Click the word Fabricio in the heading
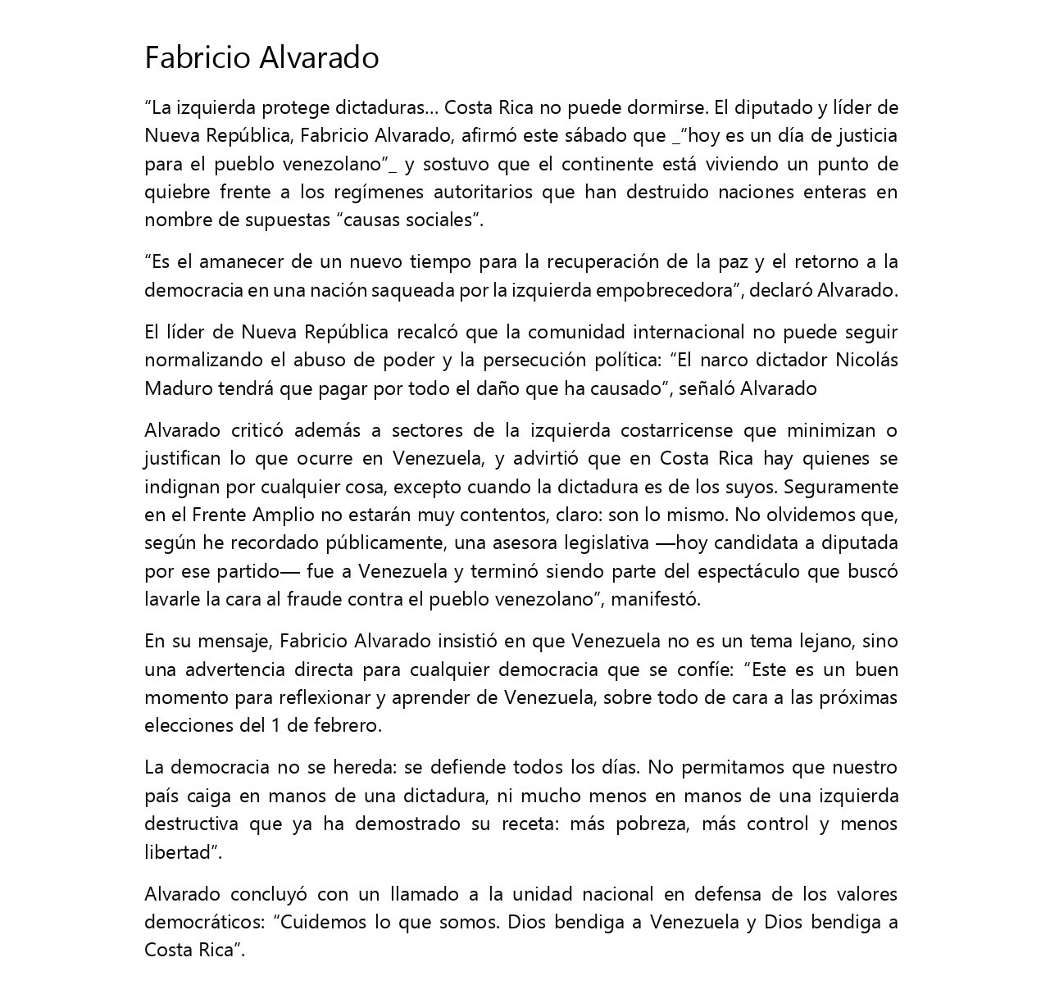198,57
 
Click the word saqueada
406,290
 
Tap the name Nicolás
866,361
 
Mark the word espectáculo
744,571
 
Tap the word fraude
314,599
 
